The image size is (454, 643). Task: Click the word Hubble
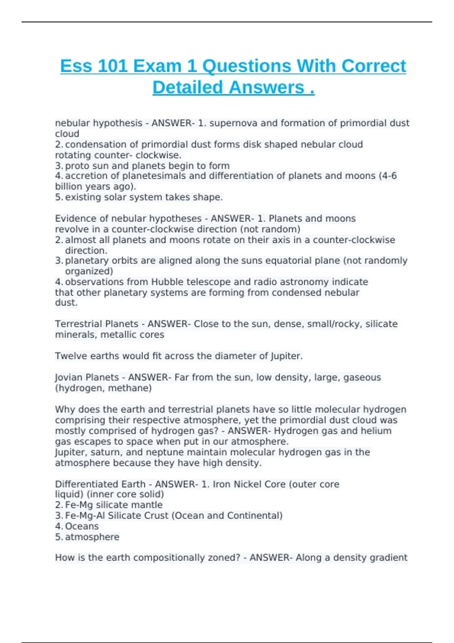168,282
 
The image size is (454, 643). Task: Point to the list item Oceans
82,527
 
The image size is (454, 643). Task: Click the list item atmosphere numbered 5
92,537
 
